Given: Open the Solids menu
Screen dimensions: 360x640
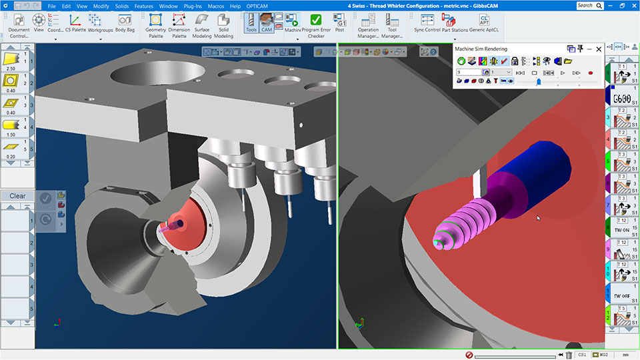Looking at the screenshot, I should (121, 6).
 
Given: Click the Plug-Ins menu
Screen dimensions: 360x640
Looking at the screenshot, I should (193, 6).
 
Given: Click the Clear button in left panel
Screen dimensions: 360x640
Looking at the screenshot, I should (17, 196).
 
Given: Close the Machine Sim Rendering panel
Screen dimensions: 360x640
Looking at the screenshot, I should (599, 49).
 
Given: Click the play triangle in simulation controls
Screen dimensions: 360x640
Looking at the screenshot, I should (563, 72).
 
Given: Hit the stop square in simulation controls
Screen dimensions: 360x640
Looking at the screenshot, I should (534, 72).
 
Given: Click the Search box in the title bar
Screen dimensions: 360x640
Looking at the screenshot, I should (588, 5).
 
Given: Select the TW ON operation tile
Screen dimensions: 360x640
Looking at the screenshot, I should (622, 229).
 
